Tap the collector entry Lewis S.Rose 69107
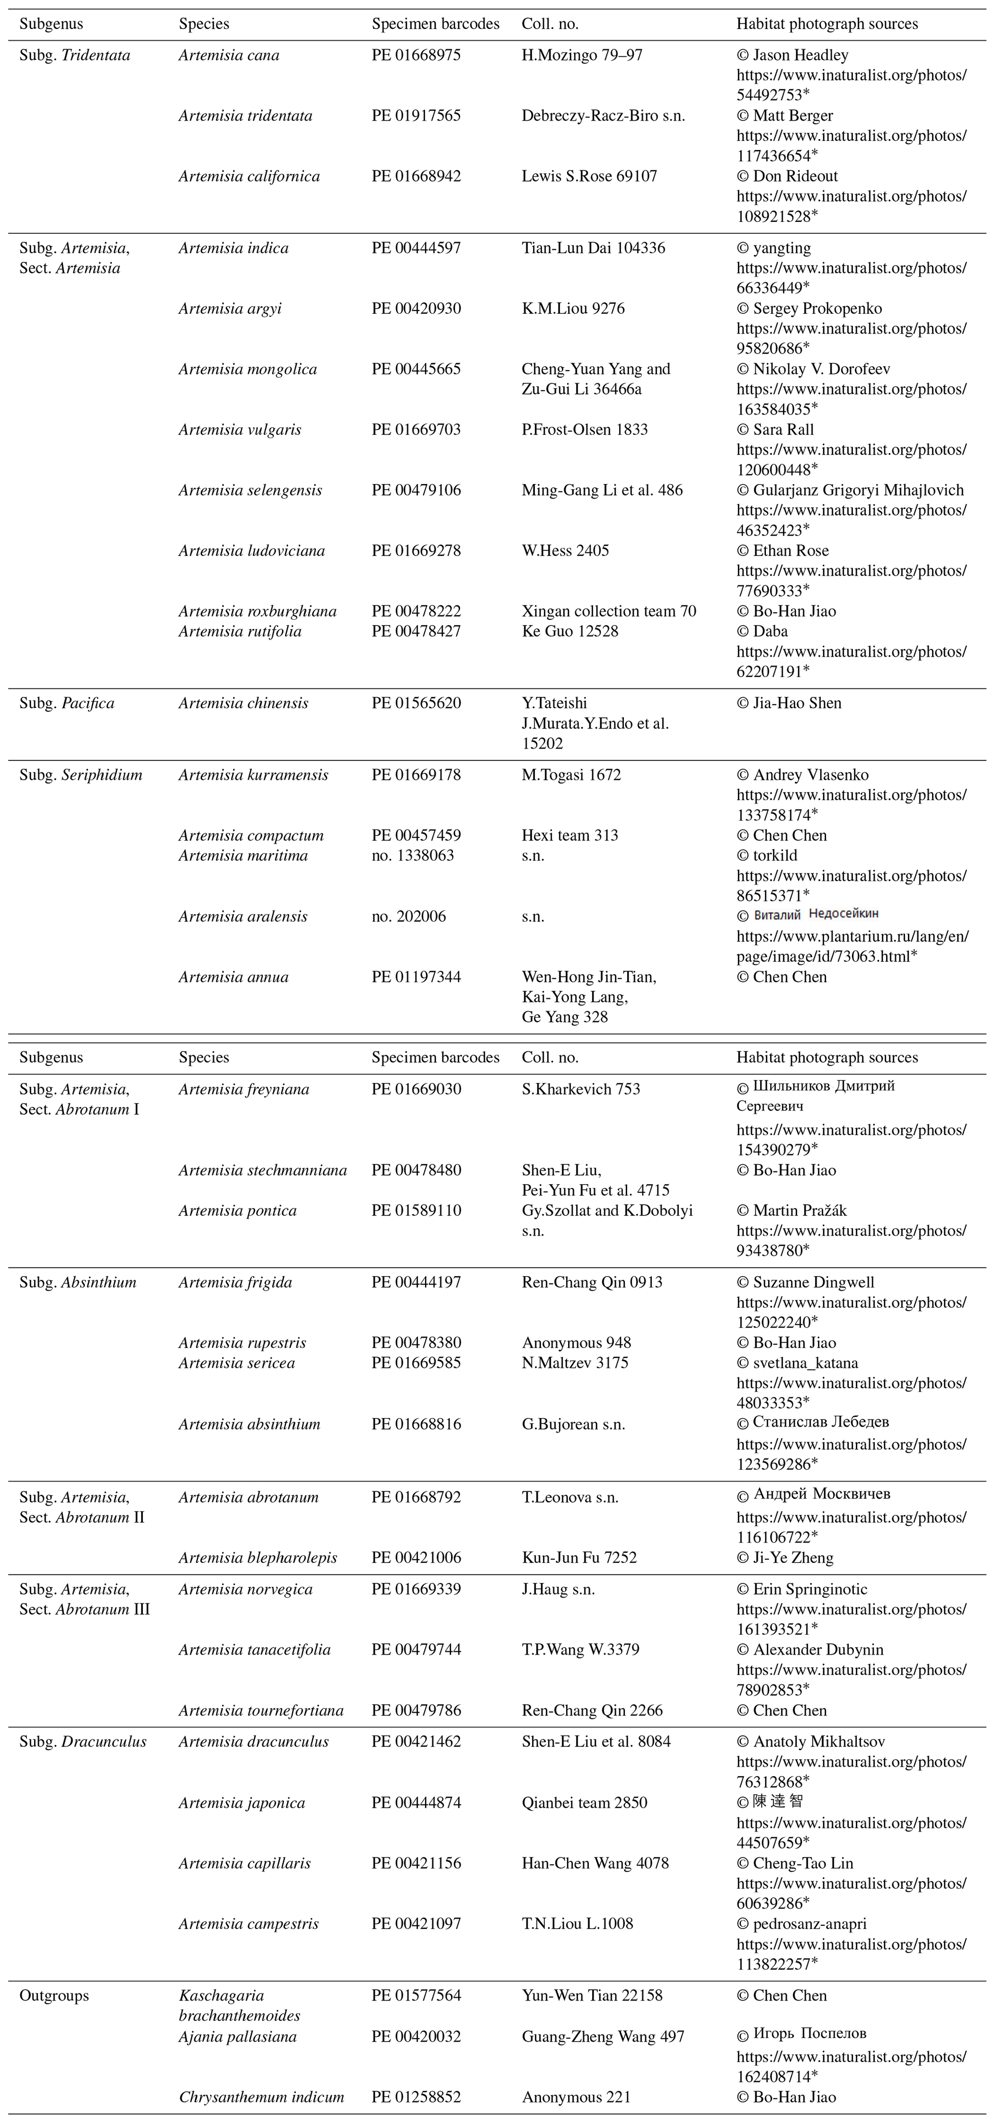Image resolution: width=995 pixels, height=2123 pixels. tap(589, 177)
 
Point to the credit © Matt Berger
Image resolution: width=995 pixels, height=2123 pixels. tap(784, 115)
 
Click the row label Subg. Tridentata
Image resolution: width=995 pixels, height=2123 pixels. tap(74, 55)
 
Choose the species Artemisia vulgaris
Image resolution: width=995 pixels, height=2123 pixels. tap(239, 429)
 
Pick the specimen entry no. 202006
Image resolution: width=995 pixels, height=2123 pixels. tap(408, 917)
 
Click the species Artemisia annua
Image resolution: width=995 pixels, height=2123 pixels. tap(233, 977)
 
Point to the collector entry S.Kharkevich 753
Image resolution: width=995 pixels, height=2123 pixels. tap(581, 1089)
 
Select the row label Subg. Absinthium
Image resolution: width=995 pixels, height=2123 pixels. tap(78, 1282)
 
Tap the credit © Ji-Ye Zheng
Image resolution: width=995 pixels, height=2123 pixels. tap(784, 1558)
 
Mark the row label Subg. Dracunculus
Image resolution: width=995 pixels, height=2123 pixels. tap(82, 1741)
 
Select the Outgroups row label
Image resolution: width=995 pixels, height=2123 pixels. tap(53, 1995)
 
